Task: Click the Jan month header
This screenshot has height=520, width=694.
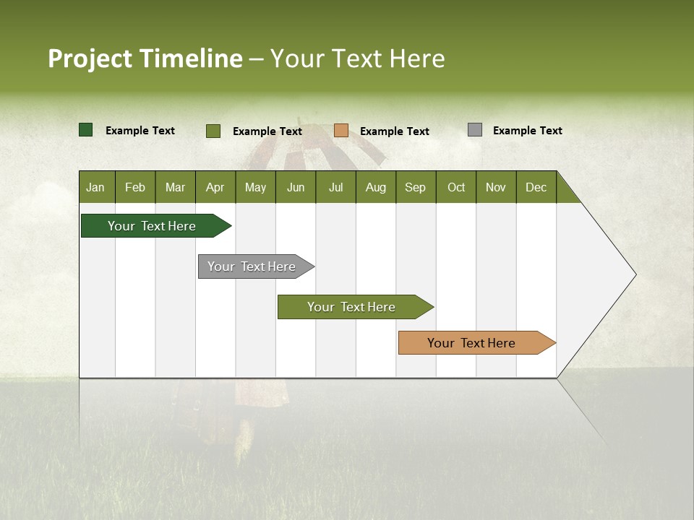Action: point(96,187)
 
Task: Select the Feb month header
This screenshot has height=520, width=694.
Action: point(135,187)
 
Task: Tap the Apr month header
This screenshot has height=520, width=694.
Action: point(215,187)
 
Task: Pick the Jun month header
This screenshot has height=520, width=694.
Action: point(296,187)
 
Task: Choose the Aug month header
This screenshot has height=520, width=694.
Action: point(376,187)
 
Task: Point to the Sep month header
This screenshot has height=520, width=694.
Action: point(416,187)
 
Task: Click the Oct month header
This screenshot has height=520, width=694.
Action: point(456,187)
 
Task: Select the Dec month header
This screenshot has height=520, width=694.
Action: point(536,187)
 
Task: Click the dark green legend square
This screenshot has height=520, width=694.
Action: point(86,130)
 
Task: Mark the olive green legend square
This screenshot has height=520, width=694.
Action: point(213,131)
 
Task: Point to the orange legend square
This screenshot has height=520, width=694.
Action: point(341,131)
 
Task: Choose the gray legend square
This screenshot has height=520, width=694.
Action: point(475,130)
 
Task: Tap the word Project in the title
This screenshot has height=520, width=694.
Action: point(90,58)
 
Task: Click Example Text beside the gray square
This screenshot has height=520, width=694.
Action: point(528,131)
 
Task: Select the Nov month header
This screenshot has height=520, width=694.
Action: point(496,187)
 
